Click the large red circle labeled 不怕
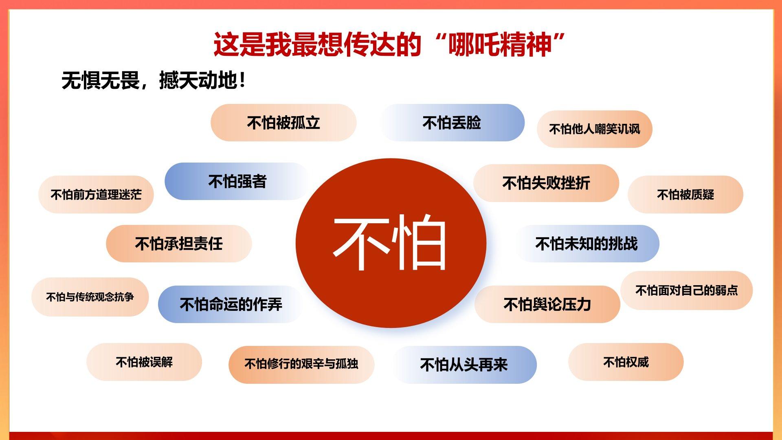391,243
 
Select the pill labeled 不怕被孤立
283,123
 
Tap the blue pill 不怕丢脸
452,123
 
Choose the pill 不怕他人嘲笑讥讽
595,129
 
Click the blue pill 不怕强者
237,181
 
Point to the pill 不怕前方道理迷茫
96,194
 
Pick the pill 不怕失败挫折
546,183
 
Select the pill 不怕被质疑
685,194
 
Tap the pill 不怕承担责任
179,244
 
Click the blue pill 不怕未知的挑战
586,244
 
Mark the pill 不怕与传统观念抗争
90,297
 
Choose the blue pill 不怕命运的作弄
231,304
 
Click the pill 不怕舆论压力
547,304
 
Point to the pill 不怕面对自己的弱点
687,290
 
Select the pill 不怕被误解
144,362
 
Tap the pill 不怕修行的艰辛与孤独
301,364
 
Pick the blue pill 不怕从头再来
464,365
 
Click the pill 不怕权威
626,362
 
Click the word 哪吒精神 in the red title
500,45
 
